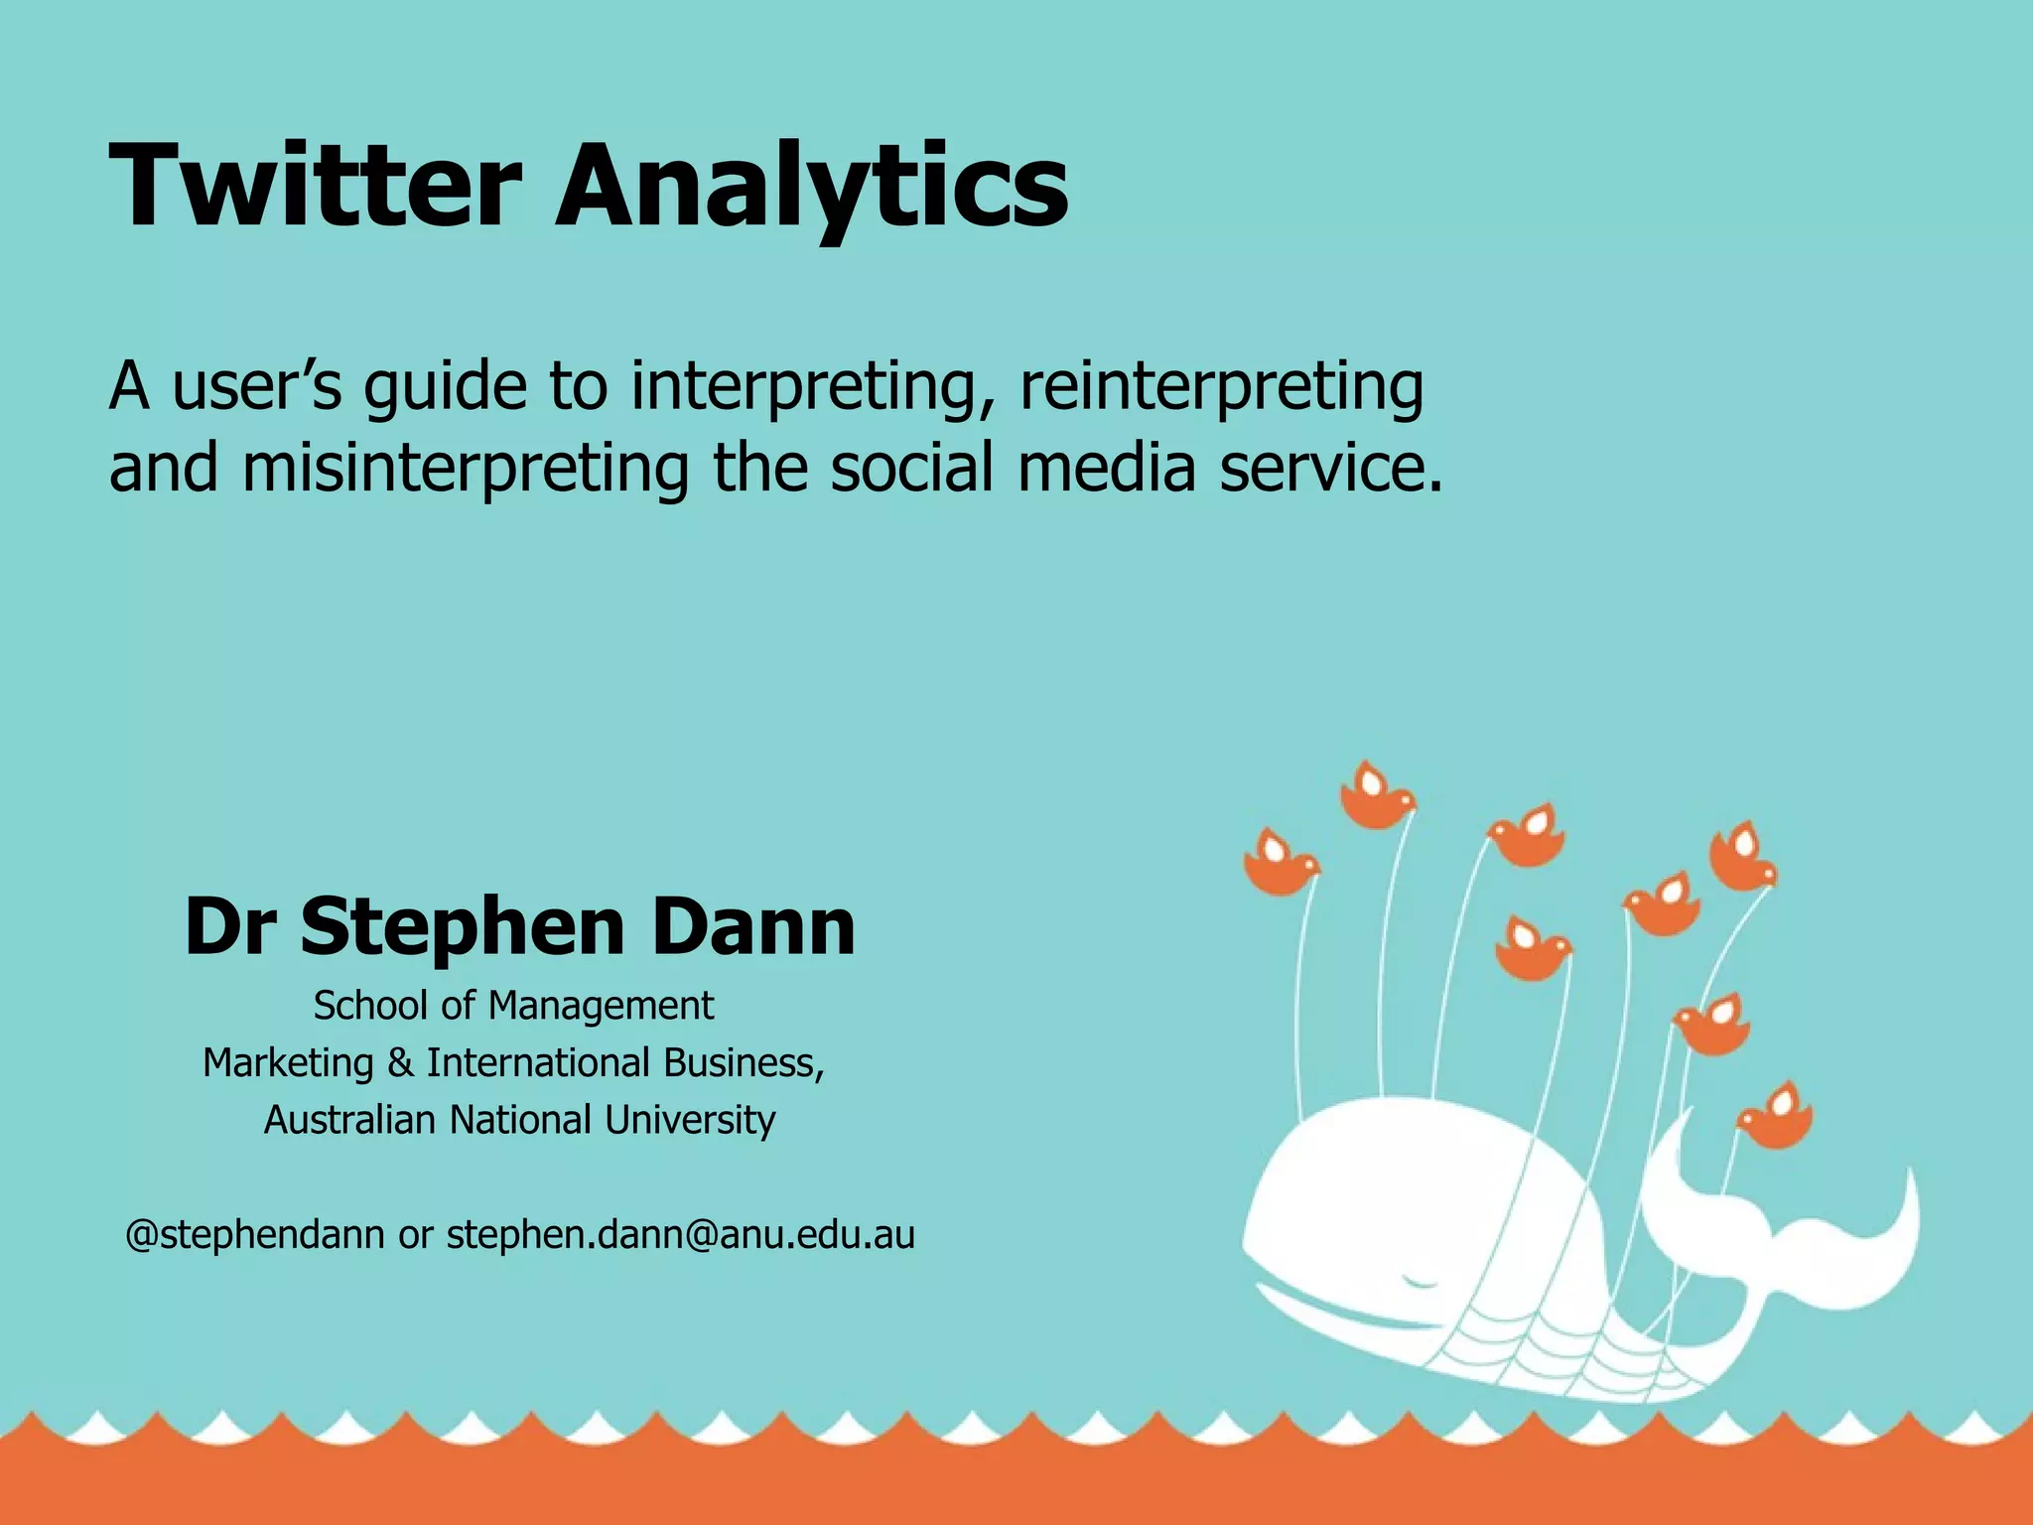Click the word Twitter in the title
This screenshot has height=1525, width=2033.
[316, 186]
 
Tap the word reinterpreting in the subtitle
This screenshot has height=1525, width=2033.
[1221, 387]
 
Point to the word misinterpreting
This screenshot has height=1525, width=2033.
[465, 470]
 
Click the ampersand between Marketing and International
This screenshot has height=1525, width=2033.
[400, 1063]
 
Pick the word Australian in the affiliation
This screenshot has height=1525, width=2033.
[349, 1120]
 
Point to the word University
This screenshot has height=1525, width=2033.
[690, 1120]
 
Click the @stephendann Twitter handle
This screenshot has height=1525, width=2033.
[255, 1235]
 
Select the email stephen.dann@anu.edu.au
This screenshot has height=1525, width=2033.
[680, 1235]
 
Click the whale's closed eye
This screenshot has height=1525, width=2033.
[1421, 1282]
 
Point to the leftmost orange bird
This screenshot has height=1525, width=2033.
[1280, 864]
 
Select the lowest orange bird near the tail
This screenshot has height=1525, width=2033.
[1776, 1118]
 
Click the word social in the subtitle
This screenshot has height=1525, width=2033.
[911, 469]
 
